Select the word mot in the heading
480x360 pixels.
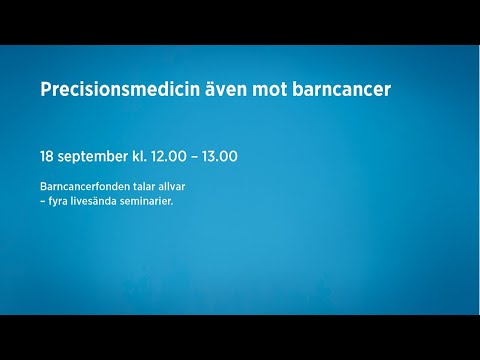288,90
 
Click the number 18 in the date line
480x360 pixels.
47,157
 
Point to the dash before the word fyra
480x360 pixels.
43,200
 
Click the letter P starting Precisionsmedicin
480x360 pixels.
46,90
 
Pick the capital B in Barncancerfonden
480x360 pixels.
43,186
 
